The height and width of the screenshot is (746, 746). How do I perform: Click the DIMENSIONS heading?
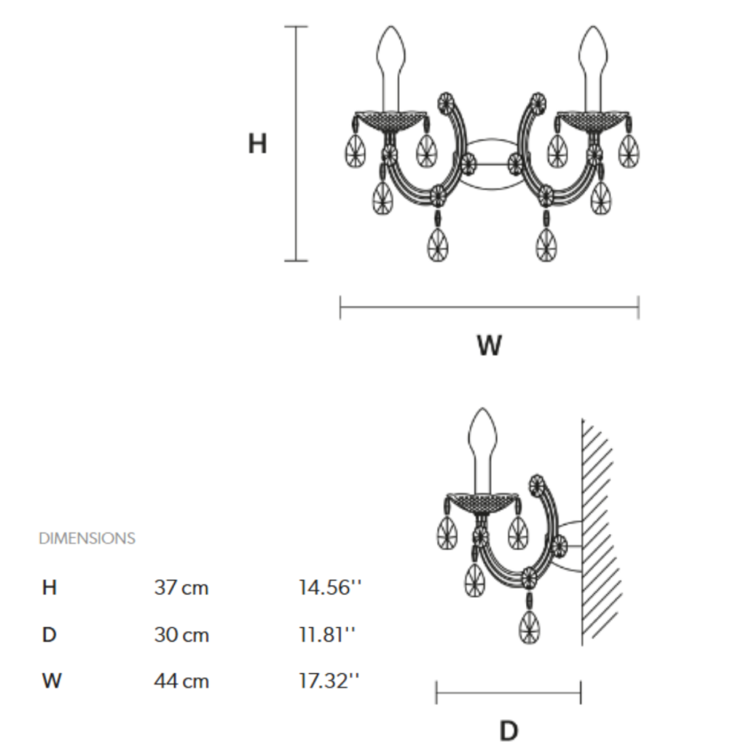point(87,538)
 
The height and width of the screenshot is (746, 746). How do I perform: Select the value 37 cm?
point(181,588)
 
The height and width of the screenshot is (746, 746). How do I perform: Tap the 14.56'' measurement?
point(330,588)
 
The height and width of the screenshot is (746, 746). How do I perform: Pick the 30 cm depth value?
point(181,635)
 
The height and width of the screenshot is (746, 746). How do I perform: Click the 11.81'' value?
point(327,635)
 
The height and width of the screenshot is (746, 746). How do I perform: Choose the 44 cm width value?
point(181,681)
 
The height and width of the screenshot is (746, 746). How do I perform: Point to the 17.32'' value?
point(329,681)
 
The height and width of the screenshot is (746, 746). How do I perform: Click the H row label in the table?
point(50,588)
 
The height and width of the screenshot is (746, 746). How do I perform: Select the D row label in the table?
point(50,635)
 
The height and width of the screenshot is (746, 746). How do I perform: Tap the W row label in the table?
point(52,681)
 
